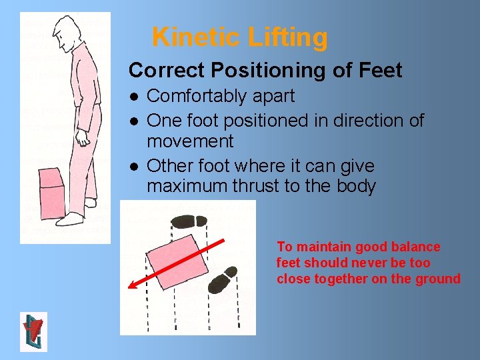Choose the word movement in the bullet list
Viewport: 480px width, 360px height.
tap(190, 141)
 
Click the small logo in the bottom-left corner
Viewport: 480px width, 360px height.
tap(33, 331)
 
